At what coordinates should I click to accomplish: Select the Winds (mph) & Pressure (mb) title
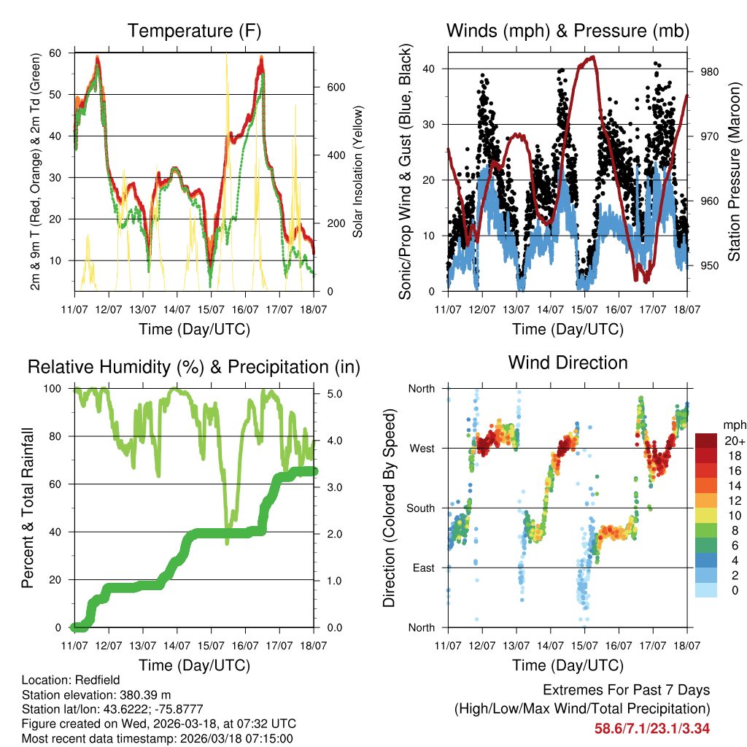568,31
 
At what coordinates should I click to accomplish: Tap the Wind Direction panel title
568,363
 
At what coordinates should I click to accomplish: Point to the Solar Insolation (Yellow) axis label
357,171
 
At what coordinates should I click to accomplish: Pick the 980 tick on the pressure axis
711,71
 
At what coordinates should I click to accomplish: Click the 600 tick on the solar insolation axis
335,87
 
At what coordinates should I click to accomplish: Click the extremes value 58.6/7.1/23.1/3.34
652,728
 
